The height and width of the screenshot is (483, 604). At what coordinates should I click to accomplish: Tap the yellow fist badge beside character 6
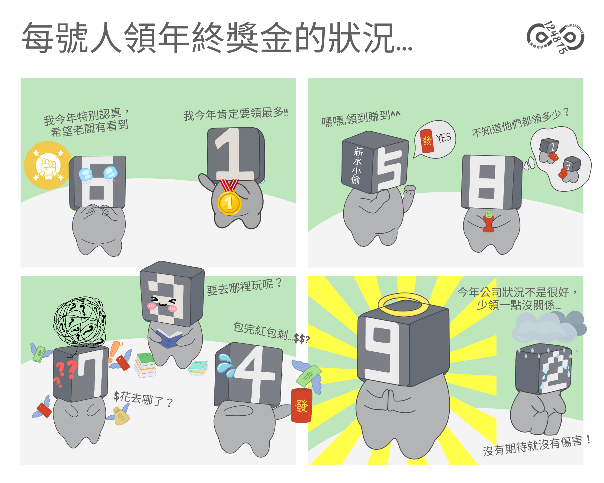(48, 165)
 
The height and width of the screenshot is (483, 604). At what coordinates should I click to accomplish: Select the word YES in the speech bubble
(443, 138)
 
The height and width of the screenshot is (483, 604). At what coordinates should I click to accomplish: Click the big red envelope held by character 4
(301, 405)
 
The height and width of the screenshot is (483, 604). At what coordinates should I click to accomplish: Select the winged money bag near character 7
(121, 417)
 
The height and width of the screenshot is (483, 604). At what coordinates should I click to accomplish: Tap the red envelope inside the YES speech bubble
(427, 141)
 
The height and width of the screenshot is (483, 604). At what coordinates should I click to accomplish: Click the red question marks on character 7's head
(65, 373)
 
